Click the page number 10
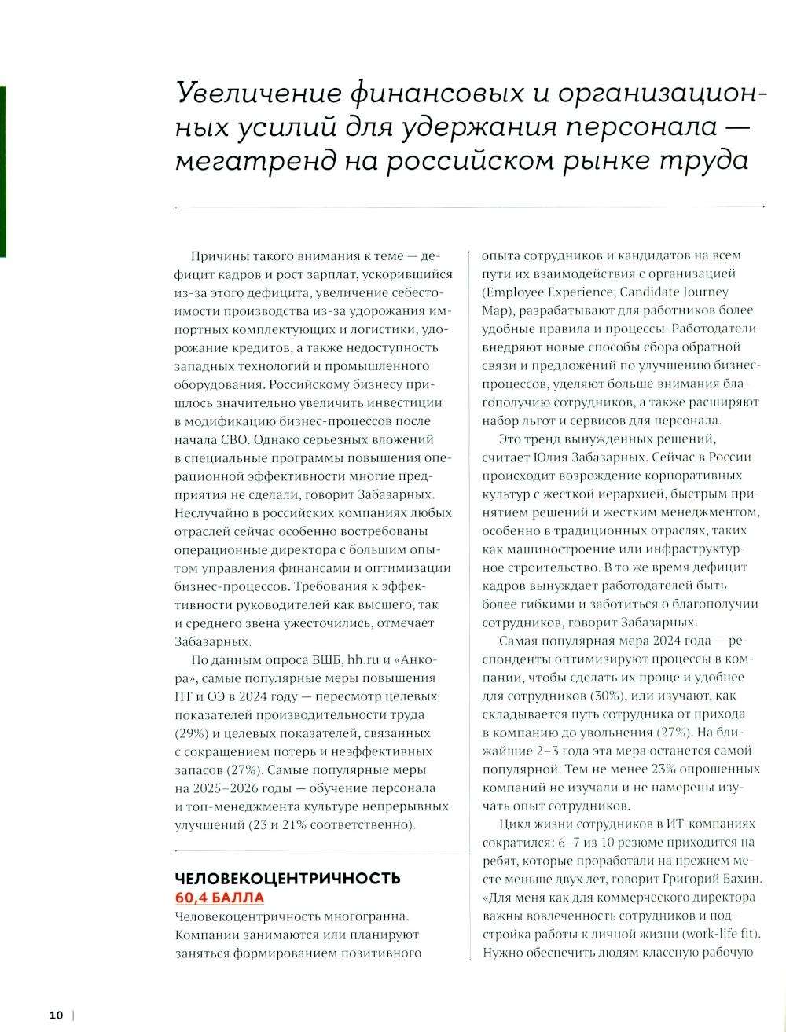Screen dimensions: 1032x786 [x=56, y=1014]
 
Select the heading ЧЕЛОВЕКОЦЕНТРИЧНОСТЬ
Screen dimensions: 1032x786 [x=288, y=878]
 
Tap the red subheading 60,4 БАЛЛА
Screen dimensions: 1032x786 [x=219, y=898]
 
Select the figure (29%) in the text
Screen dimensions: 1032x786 [x=188, y=733]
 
